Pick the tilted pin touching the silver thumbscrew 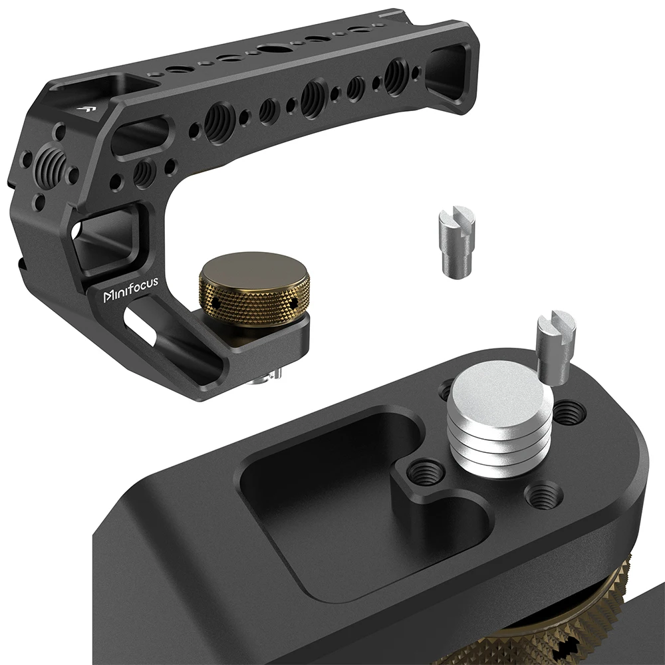pyautogui.click(x=556, y=347)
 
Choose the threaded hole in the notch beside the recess pyautogui.click(x=420, y=473)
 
